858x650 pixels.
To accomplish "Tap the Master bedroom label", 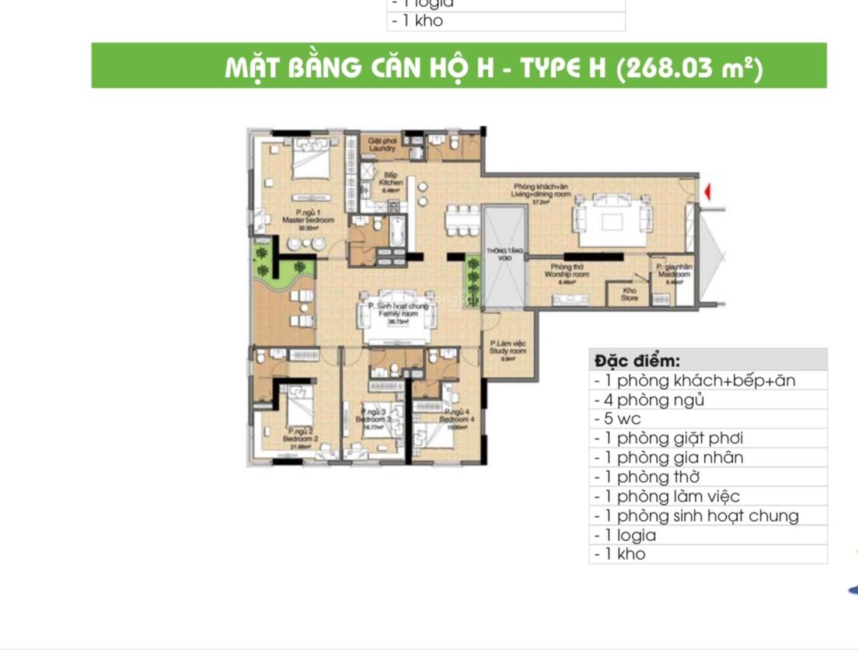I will tap(308, 217).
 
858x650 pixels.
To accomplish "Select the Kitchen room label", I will tap(391, 180).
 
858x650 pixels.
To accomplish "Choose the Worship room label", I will tap(566, 272).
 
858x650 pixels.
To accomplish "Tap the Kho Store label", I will tap(630, 294).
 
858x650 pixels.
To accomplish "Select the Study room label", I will tap(508, 348).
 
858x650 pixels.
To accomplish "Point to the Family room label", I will tap(398, 310).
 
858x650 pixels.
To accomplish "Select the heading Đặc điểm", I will tap(637, 361).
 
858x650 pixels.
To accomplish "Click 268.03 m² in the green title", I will tap(689, 68).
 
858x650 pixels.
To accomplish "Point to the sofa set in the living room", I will tap(611, 218).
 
